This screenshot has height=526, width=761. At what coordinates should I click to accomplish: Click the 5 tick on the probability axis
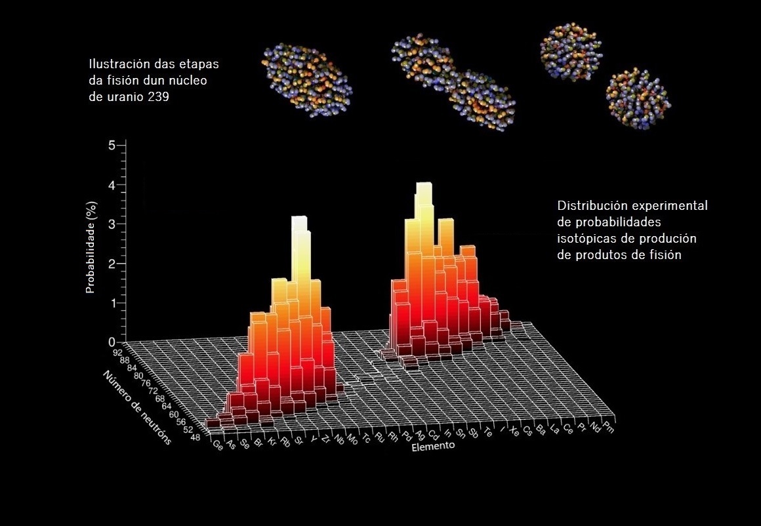point(112,145)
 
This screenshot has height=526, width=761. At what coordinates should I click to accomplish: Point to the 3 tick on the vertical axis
point(112,224)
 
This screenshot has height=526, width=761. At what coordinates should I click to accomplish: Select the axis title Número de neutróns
point(137,407)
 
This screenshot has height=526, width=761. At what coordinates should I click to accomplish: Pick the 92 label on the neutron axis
point(117,352)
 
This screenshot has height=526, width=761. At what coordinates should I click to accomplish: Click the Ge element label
point(218,444)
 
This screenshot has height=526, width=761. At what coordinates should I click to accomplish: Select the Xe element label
point(514,433)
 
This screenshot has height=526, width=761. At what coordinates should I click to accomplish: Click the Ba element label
point(541,431)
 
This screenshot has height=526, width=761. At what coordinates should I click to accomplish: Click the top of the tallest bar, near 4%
point(424,186)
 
